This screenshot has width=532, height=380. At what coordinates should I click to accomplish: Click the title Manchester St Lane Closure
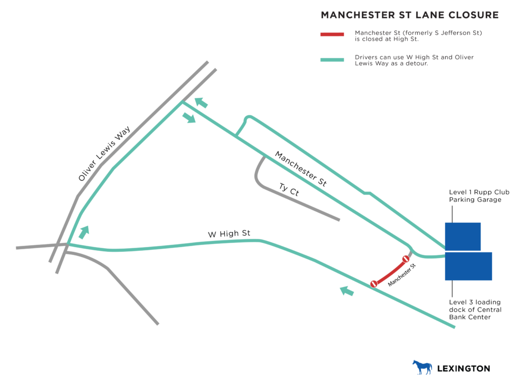pyautogui.click(x=409, y=15)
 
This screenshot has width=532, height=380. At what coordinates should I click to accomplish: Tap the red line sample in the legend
pyautogui.click(x=332, y=35)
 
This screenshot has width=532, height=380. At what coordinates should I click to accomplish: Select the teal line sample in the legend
pyautogui.click(x=332, y=60)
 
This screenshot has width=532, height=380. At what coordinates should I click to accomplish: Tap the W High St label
pyautogui.click(x=229, y=234)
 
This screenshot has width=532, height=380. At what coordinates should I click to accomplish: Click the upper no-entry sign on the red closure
pyautogui.click(x=406, y=259)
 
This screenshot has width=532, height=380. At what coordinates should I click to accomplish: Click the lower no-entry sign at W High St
pyautogui.click(x=374, y=283)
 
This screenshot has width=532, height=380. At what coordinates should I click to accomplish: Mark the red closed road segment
pyautogui.click(x=390, y=272)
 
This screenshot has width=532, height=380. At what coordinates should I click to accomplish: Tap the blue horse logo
pyautogui.click(x=422, y=367)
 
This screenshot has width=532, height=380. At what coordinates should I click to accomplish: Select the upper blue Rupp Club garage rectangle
pyautogui.click(x=462, y=236)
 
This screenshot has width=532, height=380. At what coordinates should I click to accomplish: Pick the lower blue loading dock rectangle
pyautogui.click(x=468, y=266)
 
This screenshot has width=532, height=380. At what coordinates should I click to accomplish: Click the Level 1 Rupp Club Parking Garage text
pyautogui.click(x=479, y=196)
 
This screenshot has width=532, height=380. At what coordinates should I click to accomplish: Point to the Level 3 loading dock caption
pyautogui.click(x=475, y=309)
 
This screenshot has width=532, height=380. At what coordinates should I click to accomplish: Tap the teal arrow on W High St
pyautogui.click(x=347, y=291)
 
